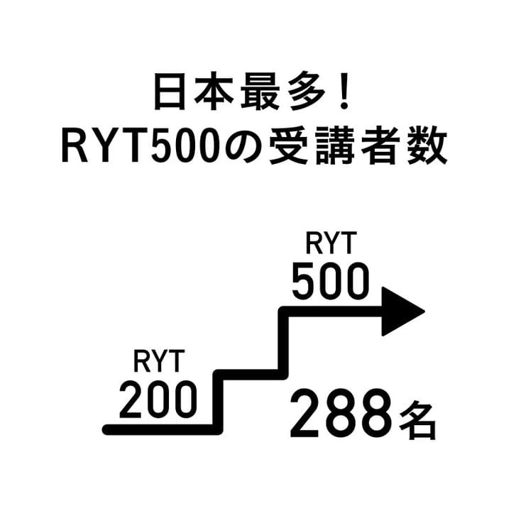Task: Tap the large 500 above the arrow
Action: point(330,281)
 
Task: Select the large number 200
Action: point(158,400)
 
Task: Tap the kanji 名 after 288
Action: point(416,420)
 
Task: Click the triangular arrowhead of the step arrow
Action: point(401,312)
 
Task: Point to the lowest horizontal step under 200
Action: point(160,429)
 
